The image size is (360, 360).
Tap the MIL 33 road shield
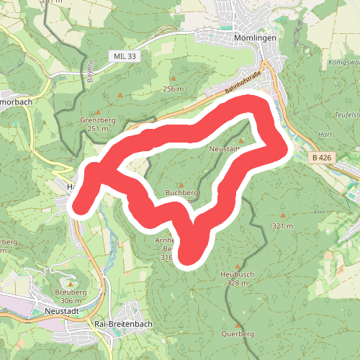125,55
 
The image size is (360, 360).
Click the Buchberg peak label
181,193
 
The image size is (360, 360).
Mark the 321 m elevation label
282,225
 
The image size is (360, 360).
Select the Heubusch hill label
235,274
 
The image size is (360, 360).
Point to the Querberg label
239,334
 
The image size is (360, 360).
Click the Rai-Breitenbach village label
120,325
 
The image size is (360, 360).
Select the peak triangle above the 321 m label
282,215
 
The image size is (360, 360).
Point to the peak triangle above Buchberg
181,184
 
